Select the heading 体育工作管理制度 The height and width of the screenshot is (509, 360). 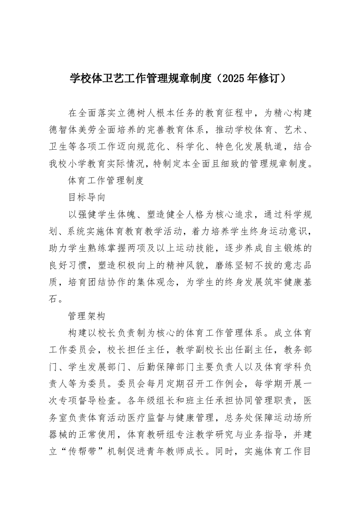105,181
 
